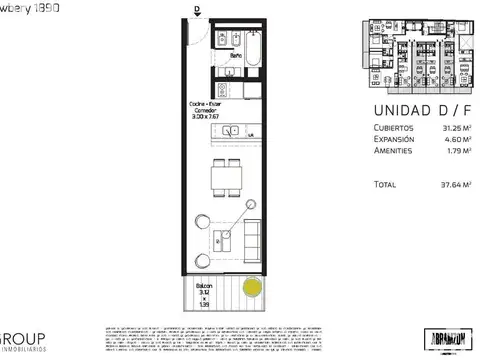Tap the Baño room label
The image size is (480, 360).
(235, 55)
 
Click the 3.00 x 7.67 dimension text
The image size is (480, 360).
(207, 116)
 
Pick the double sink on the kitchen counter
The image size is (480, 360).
(233, 130)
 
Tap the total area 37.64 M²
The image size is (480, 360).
(429, 184)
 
